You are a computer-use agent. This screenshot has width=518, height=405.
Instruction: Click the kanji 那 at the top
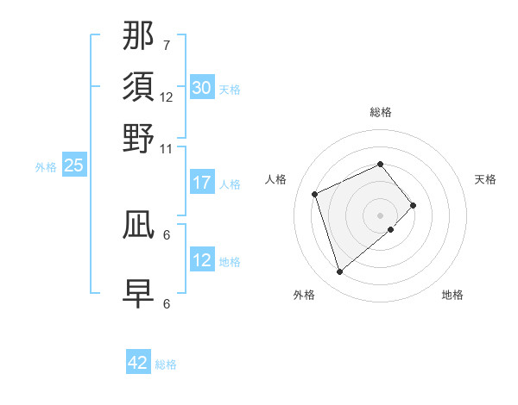pos(139,37)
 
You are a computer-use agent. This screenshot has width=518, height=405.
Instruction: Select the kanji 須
pos(139,88)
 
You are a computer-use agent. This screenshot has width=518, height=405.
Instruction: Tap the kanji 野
pos(139,139)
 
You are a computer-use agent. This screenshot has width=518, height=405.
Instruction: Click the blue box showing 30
pos(201,88)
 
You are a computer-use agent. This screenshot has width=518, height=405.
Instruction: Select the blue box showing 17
pos(201,183)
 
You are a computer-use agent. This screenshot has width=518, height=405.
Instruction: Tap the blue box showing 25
pos(73,166)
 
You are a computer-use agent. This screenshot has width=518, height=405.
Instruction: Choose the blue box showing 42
pos(138,363)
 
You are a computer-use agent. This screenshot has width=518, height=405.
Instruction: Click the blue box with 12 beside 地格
pos(201,261)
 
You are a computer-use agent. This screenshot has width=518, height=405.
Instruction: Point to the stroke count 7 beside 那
pos(166,45)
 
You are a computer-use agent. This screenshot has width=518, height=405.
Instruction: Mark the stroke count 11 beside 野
pos(167,147)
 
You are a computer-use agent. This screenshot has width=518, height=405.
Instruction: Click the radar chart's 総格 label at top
pos(380,112)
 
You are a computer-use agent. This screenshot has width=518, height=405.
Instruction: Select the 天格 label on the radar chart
pos(485,179)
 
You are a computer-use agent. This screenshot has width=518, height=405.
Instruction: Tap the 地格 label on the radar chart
pos(452,295)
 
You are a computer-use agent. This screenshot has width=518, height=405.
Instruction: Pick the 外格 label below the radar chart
pos(304,295)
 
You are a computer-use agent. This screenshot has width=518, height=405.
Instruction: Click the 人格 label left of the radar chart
pos(276,179)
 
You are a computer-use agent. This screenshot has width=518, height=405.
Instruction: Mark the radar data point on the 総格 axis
pos(380,164)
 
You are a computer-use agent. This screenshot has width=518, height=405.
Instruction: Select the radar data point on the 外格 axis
pos(339,272)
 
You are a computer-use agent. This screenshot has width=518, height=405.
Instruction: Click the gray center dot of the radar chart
pos(380,215)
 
